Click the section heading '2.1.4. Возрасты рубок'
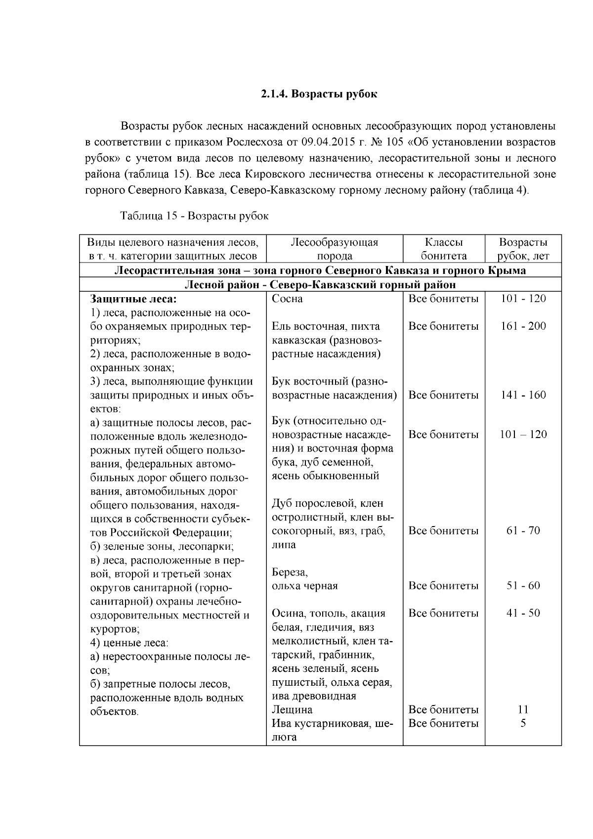coord(319,94)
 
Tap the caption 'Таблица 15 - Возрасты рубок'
coord(194,216)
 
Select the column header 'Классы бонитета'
coord(443,249)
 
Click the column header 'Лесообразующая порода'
coord(334,249)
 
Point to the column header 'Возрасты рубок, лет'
coord(523,249)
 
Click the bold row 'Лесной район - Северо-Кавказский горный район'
coord(320,285)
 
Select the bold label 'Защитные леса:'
coord(133,299)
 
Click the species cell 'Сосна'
coord(287,299)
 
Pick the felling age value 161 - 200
coord(523,326)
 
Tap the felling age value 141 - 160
coord(523,395)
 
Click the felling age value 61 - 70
coord(523,531)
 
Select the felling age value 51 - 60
coord(523,586)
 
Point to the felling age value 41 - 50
coord(523,614)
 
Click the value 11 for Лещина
coord(523,710)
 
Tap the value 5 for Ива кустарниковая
coord(523,723)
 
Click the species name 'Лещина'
coord(292,710)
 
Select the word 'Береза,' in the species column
coord(290,573)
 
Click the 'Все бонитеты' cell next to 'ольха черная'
coord(443,586)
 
